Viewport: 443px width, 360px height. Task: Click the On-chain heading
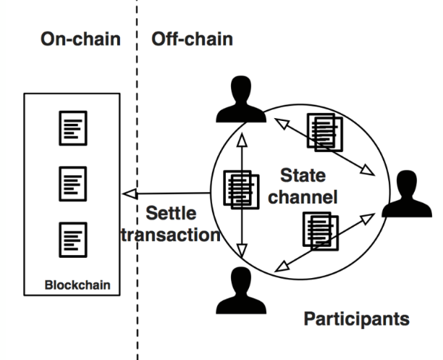click(x=81, y=38)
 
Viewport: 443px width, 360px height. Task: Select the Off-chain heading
click(x=192, y=38)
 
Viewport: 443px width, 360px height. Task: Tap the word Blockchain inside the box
click(x=77, y=284)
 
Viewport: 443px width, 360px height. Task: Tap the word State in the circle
click(x=303, y=175)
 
